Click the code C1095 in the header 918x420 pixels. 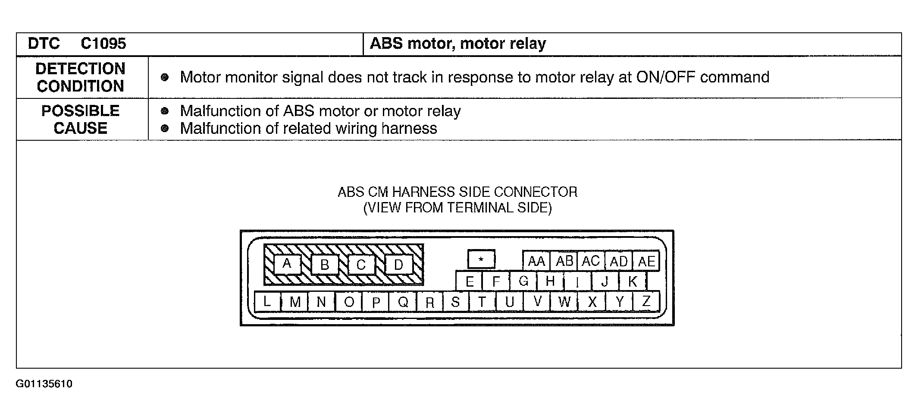[103, 44]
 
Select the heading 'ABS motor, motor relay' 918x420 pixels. [458, 44]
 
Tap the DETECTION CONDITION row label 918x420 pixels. [81, 77]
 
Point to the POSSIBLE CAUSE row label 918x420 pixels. [81, 120]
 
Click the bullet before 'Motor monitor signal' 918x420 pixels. [164, 78]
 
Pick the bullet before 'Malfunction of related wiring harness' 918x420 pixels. [164, 128]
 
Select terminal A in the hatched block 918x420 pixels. [287, 263]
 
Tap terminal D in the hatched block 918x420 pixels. [398, 264]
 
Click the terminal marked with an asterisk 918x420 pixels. [481, 259]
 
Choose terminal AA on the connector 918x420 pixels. [536, 261]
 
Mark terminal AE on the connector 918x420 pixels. [646, 261]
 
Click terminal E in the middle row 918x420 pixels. [470, 281]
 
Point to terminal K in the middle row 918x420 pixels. [633, 281]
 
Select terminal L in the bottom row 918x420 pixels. [267, 301]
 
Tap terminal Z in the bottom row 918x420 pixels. [646, 301]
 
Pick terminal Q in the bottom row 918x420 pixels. [403, 301]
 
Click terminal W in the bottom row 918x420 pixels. [564, 301]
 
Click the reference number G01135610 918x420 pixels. [44, 384]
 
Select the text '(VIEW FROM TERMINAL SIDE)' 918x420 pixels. [457, 208]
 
